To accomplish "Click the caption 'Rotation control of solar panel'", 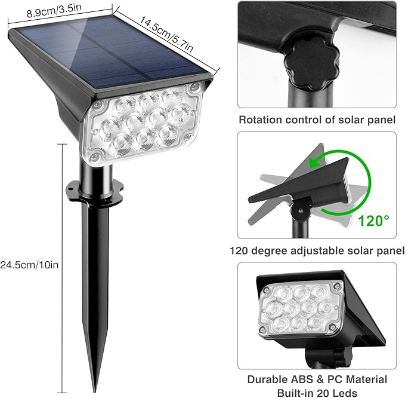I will pyautogui.click(x=317, y=120).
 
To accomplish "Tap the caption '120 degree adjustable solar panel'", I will pyautogui.click(x=317, y=252).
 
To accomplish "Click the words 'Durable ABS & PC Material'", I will pyautogui.click(x=317, y=379).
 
